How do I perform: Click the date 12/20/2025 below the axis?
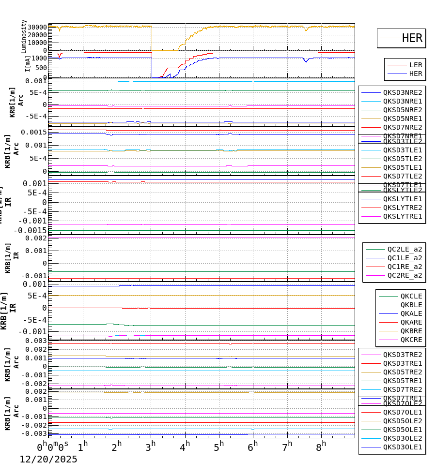(x=48, y=460)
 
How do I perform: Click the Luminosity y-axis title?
(x=24, y=36)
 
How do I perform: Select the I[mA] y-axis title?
(x=28, y=63)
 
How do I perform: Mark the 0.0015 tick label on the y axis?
(x=33, y=132)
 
